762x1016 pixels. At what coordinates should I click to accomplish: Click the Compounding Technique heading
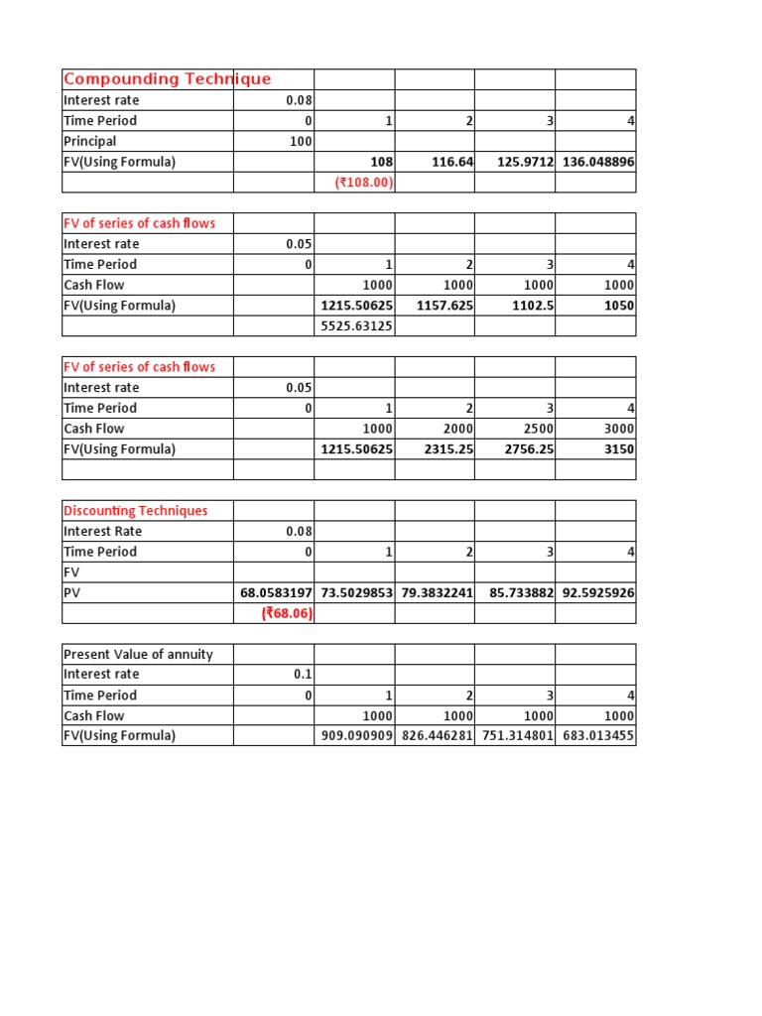click(x=167, y=79)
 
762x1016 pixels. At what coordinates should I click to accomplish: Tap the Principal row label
click(x=90, y=141)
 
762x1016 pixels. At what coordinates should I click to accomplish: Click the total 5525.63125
click(x=356, y=326)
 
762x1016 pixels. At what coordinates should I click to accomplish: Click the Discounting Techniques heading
click(x=136, y=511)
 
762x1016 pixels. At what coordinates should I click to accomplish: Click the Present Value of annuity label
click(x=138, y=654)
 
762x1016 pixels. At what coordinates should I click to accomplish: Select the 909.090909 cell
click(x=356, y=736)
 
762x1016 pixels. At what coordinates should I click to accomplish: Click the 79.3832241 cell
click(x=437, y=593)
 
